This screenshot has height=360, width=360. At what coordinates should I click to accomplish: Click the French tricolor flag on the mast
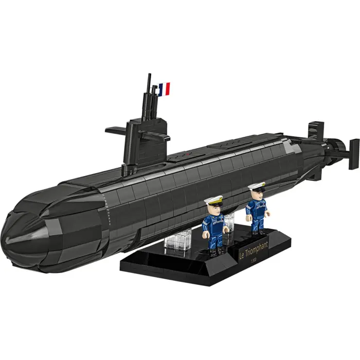(164, 89)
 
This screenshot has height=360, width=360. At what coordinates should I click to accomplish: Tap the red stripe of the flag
(168, 89)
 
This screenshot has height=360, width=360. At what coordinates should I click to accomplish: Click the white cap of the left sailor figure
(212, 201)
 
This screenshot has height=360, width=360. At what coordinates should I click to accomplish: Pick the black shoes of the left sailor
(215, 251)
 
